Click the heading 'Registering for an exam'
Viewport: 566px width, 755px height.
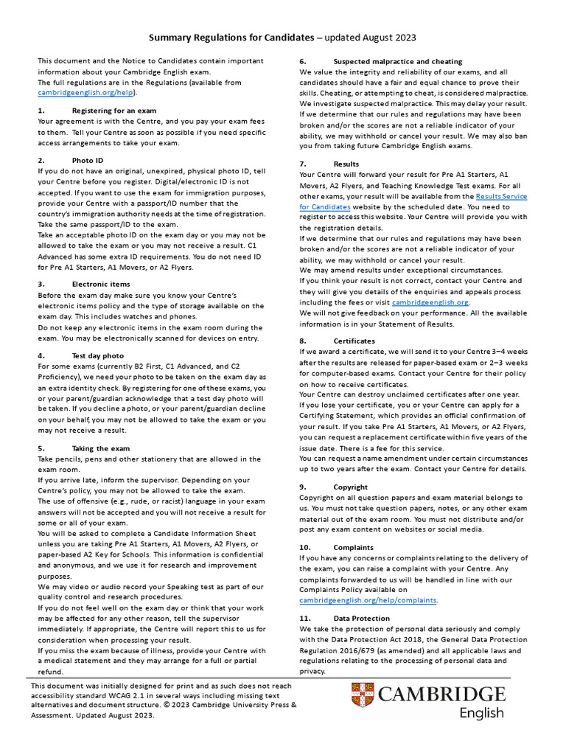[113, 110]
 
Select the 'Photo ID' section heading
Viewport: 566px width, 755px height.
[88, 160]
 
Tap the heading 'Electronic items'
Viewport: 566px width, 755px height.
[101, 283]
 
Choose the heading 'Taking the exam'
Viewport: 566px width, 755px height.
[101, 448]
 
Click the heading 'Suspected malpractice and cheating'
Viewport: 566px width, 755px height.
[398, 61]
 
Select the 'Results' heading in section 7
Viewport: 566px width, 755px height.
[346, 164]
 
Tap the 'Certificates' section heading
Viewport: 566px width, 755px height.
[354, 341]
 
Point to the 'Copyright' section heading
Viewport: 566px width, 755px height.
[350, 487]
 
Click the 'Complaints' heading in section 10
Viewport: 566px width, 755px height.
[353, 548]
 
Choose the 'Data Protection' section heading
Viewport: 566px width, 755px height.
[362, 618]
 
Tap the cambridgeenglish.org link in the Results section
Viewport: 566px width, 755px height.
[430, 302]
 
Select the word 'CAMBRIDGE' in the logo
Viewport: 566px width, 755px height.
[447, 695]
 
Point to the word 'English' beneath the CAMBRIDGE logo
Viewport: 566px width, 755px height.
[482, 712]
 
